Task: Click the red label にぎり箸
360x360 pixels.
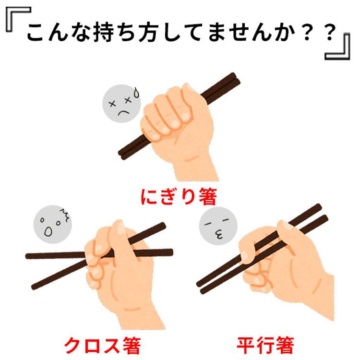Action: (179, 196)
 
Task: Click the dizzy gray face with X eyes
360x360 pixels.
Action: (120, 105)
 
